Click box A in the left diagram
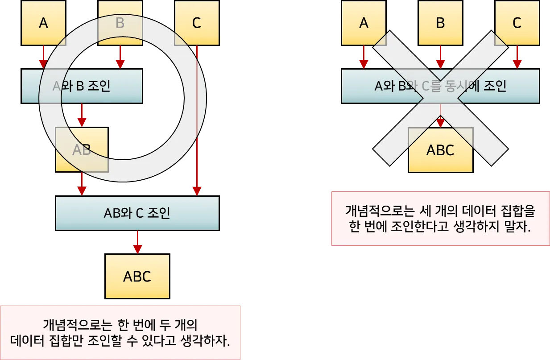click(x=44, y=23)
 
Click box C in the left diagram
click(x=196, y=23)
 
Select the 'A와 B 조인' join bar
click(x=82, y=86)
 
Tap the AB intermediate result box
click(x=82, y=150)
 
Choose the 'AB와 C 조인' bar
click(x=137, y=213)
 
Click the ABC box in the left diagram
click(x=137, y=277)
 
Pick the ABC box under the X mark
click(x=440, y=150)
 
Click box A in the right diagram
click(x=364, y=23)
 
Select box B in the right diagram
click(x=440, y=23)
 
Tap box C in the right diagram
click(x=517, y=23)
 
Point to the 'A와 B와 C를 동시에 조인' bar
click(x=440, y=86)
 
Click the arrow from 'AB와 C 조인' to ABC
click(x=137, y=242)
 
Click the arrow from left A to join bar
click(x=44, y=57)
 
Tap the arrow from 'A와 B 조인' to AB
click(x=82, y=115)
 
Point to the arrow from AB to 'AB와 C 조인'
click(x=82, y=184)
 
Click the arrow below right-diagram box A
click(x=364, y=57)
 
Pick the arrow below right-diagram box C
click(x=517, y=57)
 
